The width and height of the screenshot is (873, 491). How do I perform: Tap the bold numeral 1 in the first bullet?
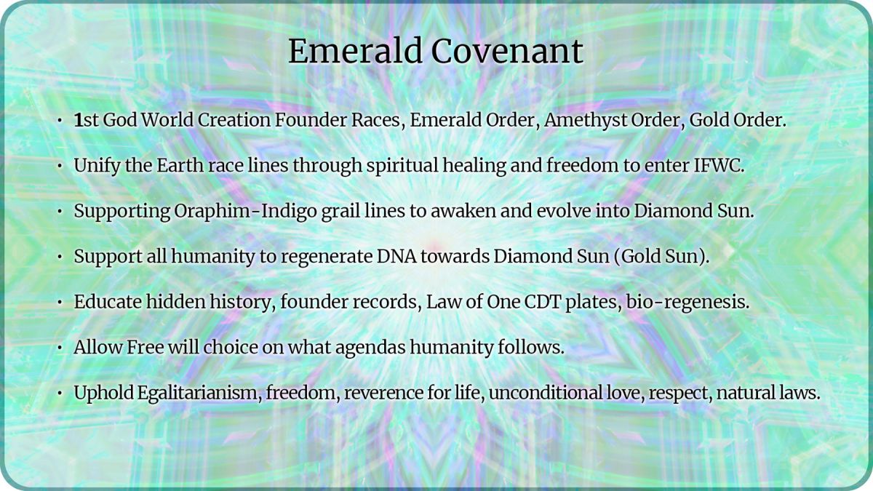78,121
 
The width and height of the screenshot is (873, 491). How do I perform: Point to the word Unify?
94,166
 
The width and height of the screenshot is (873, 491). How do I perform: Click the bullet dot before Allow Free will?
60,348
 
